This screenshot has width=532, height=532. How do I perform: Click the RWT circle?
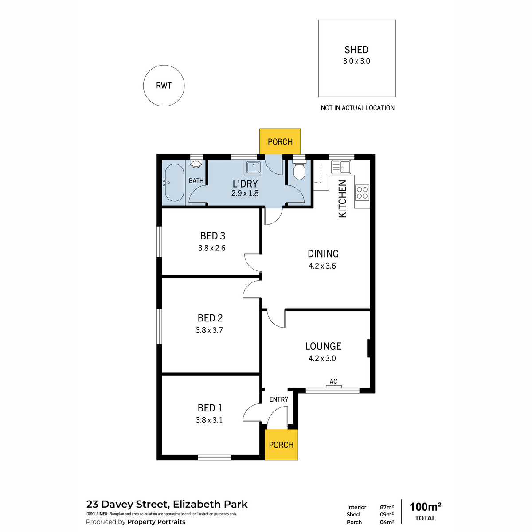click(x=164, y=86)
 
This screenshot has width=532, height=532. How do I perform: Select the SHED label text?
click(x=356, y=50)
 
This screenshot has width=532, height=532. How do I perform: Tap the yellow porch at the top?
click(x=280, y=141)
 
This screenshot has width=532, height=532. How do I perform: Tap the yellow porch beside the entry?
click(x=281, y=445)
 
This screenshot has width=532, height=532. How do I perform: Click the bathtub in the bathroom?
click(x=173, y=183)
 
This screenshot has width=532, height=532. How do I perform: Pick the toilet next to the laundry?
click(x=299, y=170)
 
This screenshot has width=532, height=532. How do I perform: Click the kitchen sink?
click(x=341, y=167)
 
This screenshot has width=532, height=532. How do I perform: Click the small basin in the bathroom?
click(x=196, y=164)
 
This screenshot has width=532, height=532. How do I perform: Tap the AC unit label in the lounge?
click(x=333, y=382)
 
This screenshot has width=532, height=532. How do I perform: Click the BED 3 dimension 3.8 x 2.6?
click(x=211, y=248)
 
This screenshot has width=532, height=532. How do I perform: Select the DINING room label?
click(x=323, y=254)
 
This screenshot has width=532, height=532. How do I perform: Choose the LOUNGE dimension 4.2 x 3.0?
click(x=322, y=359)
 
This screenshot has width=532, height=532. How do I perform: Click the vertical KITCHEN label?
click(x=342, y=199)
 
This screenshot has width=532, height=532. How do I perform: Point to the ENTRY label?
click(x=278, y=399)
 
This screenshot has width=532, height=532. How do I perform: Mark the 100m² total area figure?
click(x=425, y=507)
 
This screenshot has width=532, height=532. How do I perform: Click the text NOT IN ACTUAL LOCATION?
click(x=357, y=108)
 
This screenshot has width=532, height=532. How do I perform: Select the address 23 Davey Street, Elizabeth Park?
click(x=167, y=504)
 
